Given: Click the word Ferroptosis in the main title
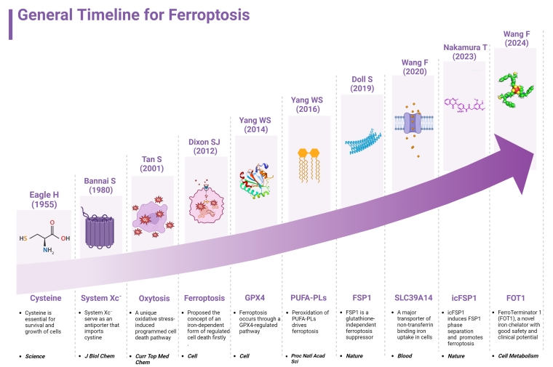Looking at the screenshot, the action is [x=209, y=15].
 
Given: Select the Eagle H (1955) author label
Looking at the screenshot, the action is [x=44, y=199].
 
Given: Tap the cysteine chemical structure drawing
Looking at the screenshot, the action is [x=44, y=237].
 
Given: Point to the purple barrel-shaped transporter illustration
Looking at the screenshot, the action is [x=99, y=229].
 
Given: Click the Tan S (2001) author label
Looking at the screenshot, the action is [x=152, y=164].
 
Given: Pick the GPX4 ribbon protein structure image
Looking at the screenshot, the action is [x=256, y=181].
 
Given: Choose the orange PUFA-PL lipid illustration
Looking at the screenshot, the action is [x=309, y=165].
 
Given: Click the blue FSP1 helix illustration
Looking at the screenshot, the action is [x=363, y=142].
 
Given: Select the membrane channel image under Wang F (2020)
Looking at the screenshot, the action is [x=414, y=129].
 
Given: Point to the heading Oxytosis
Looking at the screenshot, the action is [x=154, y=298].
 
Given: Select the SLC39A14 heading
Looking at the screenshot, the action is [x=413, y=298].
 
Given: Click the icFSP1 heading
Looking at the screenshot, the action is [x=464, y=298].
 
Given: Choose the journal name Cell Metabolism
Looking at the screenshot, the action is [x=518, y=356].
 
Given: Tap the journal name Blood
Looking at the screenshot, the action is [x=405, y=356].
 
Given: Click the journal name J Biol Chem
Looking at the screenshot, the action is [x=100, y=356].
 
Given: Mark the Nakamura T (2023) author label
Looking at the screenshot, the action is [x=465, y=52].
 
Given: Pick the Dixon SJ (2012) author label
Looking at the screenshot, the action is [x=204, y=147].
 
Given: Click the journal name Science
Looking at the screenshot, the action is [x=35, y=356].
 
